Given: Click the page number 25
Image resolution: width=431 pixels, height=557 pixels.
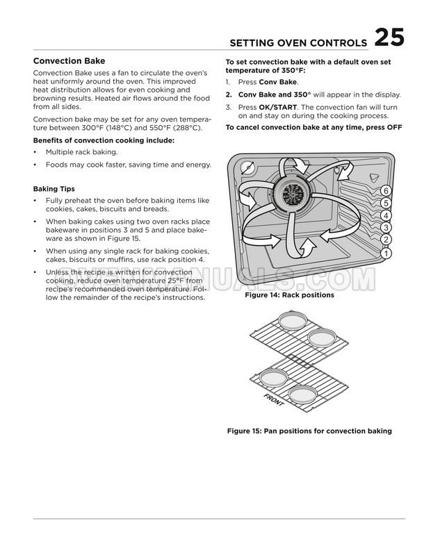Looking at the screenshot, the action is (x=389, y=38).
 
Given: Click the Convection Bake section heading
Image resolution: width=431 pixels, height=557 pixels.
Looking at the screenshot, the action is (x=69, y=60).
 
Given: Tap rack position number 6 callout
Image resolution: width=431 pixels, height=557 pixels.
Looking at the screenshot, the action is (x=386, y=191).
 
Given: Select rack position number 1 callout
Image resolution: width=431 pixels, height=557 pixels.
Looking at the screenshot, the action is (x=386, y=253).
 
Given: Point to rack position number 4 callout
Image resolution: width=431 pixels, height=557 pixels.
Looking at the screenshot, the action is (x=386, y=215).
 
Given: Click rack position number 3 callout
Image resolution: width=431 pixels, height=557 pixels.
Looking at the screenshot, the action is (x=386, y=228).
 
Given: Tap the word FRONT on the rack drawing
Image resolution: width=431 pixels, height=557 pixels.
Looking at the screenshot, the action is (x=273, y=400).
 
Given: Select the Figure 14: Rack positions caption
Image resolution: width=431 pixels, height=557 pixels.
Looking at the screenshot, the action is (x=289, y=295).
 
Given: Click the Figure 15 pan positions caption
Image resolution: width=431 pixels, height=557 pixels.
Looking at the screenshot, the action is (x=309, y=431).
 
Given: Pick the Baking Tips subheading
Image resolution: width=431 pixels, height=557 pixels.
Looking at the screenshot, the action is (x=54, y=189).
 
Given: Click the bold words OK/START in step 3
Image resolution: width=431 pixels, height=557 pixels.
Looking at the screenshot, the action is (x=278, y=107).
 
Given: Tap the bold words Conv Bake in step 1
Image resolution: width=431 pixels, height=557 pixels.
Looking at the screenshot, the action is (x=278, y=82).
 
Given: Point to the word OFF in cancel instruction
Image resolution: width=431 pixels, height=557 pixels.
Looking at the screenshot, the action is (x=394, y=127).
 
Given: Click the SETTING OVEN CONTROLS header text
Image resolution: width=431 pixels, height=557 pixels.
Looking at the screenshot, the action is (x=298, y=43).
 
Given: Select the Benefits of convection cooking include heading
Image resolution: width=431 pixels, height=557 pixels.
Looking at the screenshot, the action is (x=104, y=140).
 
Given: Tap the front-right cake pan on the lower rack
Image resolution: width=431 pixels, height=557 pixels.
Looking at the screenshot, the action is (x=302, y=394).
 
